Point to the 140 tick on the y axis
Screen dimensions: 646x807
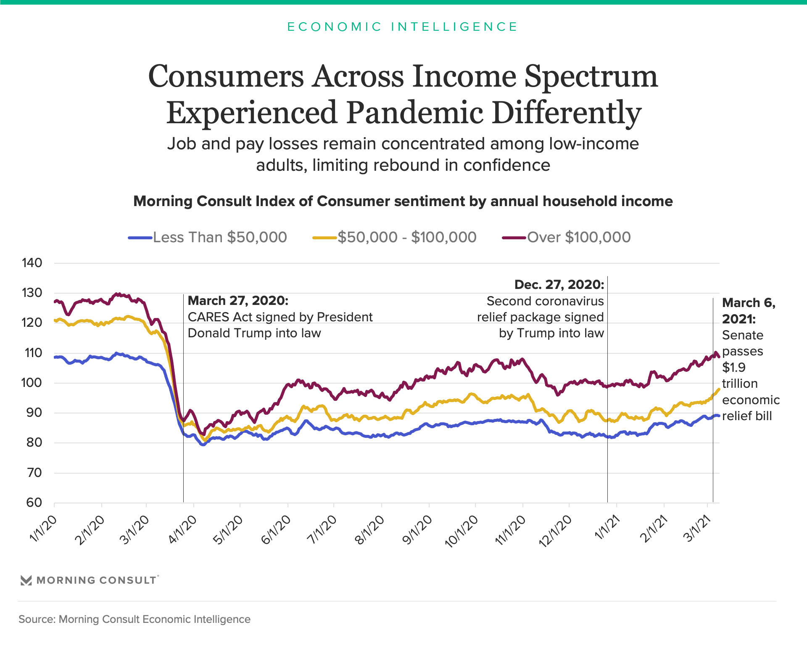tap(32, 263)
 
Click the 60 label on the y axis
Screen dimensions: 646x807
tap(34, 503)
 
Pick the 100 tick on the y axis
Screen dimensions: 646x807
tap(32, 383)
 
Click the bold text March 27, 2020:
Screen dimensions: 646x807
tap(238, 301)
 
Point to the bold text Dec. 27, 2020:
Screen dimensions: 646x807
tap(559, 285)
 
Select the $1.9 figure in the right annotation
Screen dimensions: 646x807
tap(733, 368)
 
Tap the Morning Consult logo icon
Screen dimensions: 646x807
tap(26, 580)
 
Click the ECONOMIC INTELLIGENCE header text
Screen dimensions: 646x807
tap(403, 27)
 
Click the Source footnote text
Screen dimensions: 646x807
tap(134, 619)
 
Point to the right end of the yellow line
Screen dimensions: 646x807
tap(719, 389)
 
